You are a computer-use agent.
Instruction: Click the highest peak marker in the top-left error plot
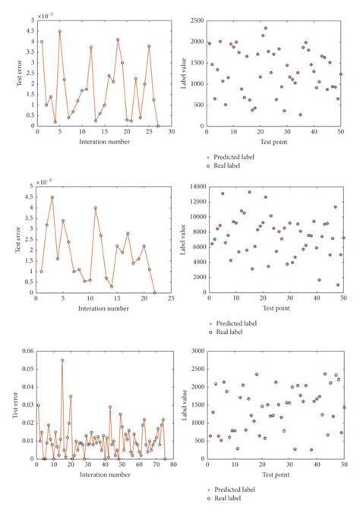[59, 32]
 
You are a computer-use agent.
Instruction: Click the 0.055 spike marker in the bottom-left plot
[62, 360]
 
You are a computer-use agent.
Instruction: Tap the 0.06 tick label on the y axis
[27, 351]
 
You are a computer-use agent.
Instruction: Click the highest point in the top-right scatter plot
[265, 28]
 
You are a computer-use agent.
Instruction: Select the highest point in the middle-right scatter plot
[249, 192]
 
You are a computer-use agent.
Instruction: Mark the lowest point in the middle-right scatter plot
[338, 285]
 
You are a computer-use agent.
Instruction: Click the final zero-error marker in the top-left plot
[157, 126]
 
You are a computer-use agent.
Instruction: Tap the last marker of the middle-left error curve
[155, 292]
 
